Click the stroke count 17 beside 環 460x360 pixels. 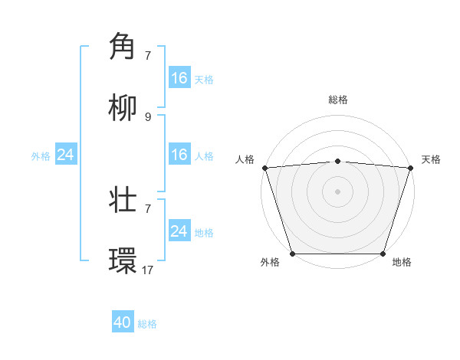pyautogui.click(x=147, y=270)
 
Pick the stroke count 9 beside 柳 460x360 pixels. pyautogui.click(x=148, y=116)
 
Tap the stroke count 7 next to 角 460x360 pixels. pyautogui.click(x=148, y=55)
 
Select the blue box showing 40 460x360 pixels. pyautogui.click(x=123, y=322)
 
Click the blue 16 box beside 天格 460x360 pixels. pyautogui.click(x=179, y=78)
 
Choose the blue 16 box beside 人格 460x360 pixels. pyautogui.click(x=179, y=155)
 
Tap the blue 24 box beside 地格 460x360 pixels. pyautogui.click(x=179, y=231)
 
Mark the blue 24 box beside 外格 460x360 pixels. pyautogui.click(x=65, y=155)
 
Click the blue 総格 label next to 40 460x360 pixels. pyautogui.click(x=147, y=324)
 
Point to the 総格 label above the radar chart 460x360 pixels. pyautogui.click(x=337, y=100)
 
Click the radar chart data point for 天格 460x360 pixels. pyautogui.click(x=410, y=168)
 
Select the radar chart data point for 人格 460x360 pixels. pyautogui.click(x=264, y=168)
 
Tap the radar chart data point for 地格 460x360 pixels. pyautogui.click(x=383, y=254)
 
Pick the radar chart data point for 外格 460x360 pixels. pyautogui.click(x=292, y=254)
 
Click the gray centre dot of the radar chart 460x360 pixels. pyautogui.click(x=337, y=191)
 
